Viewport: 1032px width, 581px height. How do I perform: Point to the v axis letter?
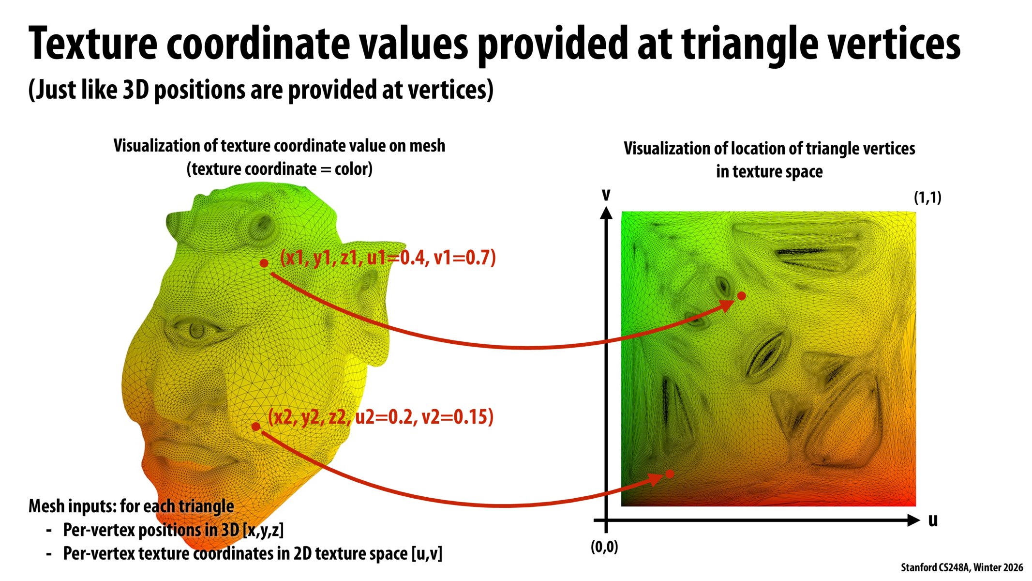point(606,195)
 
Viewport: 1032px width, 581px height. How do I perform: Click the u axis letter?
point(933,520)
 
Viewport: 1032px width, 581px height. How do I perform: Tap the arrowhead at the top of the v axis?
point(606,213)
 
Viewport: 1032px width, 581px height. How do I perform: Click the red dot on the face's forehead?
point(264,263)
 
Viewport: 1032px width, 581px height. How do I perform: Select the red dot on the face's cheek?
point(256,427)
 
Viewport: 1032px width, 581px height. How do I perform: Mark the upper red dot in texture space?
point(741,296)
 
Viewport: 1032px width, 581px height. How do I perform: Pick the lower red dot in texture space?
point(670,474)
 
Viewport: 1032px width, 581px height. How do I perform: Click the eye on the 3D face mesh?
point(196,330)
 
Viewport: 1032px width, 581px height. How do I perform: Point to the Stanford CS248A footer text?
point(961,567)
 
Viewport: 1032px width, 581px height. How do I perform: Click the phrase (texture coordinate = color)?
point(279,169)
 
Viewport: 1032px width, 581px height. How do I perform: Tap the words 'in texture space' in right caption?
point(769,171)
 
